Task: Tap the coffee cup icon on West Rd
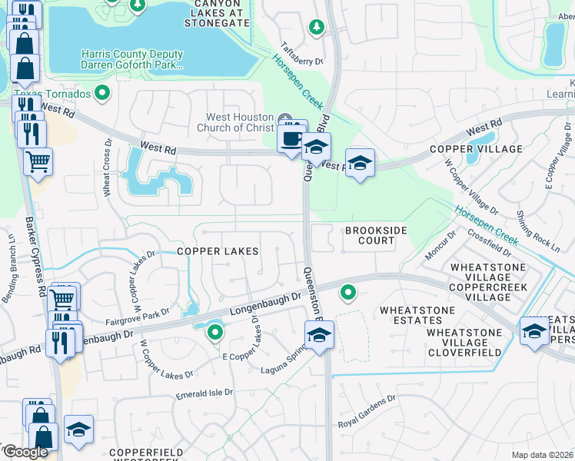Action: tap(291, 138)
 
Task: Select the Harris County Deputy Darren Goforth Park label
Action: tap(132, 60)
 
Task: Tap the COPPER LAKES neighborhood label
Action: tap(218, 251)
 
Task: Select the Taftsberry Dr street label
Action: tap(301, 53)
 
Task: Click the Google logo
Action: tap(26, 451)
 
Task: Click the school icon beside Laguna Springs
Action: tap(319, 335)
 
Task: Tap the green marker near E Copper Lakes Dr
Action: tap(215, 333)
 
